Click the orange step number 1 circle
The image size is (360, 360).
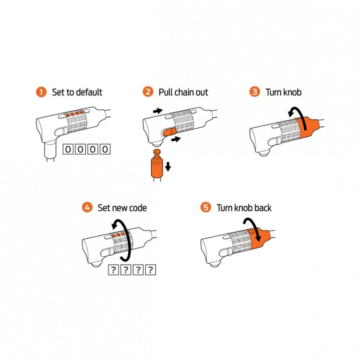[41, 92]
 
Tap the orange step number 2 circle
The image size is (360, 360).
[148, 92]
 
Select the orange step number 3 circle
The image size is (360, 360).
[255, 92]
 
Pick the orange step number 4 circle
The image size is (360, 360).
[87, 207]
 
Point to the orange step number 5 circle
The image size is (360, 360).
[206, 207]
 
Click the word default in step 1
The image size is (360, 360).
[89, 92]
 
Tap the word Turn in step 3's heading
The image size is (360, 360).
[274, 92]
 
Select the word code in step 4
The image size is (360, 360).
[138, 208]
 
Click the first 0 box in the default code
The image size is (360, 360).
[68, 149]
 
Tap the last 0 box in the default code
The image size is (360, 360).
[105, 149]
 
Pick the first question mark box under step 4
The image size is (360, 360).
[113, 270]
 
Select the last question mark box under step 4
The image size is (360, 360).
[151, 270]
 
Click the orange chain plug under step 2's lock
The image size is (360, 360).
[157, 163]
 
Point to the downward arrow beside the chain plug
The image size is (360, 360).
[168, 166]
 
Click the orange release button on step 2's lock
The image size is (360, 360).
[169, 132]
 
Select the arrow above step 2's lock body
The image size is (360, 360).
[158, 111]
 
